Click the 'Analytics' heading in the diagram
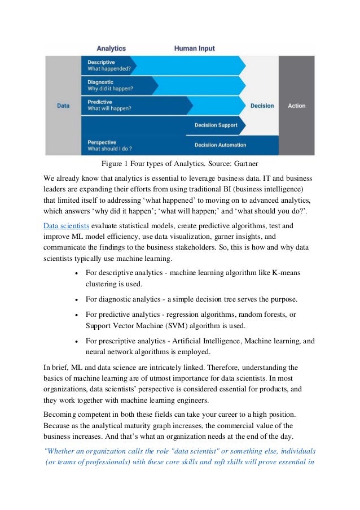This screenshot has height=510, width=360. [111, 49]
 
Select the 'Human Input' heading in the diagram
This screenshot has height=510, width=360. [195, 49]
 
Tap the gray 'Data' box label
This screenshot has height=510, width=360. [63, 106]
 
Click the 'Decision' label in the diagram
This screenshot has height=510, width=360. [262, 106]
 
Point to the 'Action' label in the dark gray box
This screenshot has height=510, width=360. [297, 106]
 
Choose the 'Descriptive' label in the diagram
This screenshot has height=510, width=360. [102, 62]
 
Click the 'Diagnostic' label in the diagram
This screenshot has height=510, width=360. [101, 82]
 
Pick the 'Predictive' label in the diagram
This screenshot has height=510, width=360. [100, 102]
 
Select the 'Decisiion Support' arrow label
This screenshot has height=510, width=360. [216, 125]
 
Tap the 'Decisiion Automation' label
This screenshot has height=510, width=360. [220, 145]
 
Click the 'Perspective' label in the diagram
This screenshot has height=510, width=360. [102, 142]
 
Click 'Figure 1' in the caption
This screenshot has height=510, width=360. [115, 164]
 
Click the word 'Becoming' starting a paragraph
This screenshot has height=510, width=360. [60, 415]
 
